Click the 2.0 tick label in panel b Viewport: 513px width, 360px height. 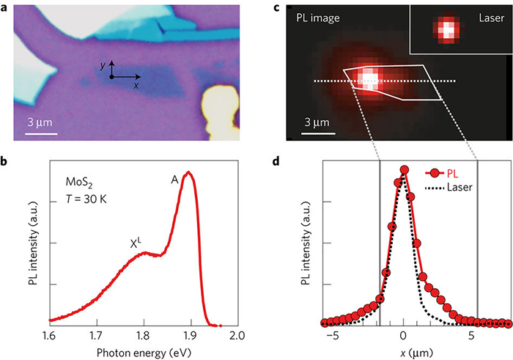coord(237,336)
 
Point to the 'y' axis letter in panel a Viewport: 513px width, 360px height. coord(103,65)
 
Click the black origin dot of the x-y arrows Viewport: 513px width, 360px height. coord(111,76)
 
